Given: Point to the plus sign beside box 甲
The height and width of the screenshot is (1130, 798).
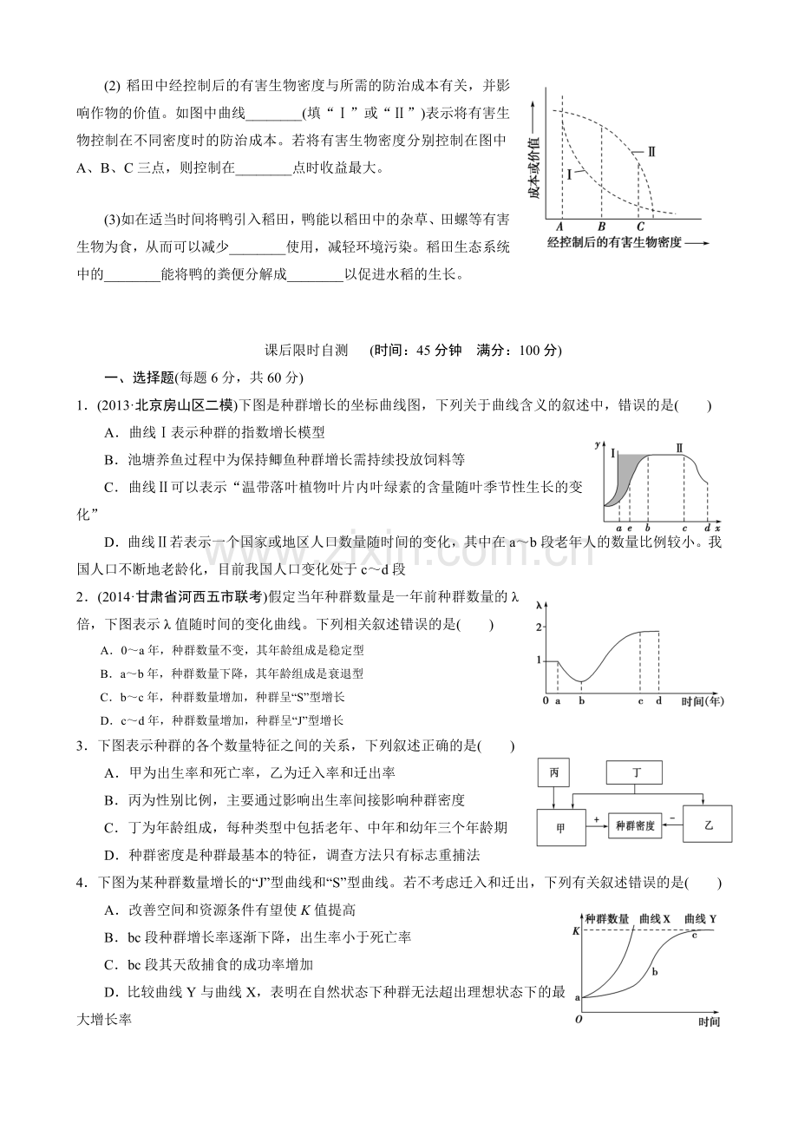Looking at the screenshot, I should pyautogui.click(x=596, y=818).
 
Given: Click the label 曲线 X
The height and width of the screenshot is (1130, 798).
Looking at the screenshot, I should pyautogui.click(x=655, y=918).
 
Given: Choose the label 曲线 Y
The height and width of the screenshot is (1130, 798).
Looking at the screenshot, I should pyautogui.click(x=700, y=918).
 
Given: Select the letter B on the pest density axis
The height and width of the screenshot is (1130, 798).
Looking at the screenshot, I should pyautogui.click(x=600, y=227).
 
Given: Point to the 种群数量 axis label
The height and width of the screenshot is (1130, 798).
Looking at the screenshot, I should pyautogui.click(x=606, y=918).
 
